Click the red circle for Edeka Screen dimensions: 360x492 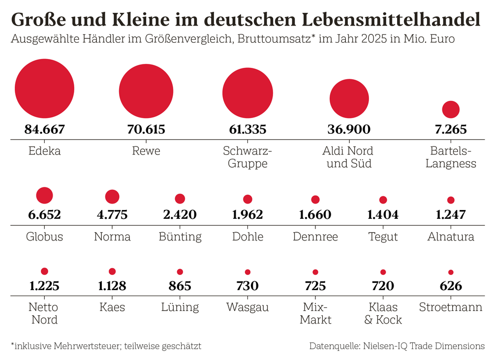click(45, 89)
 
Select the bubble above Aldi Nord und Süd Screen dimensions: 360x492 click(349, 98)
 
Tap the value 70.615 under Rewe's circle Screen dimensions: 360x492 click(146, 129)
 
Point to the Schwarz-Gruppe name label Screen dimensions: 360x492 click(247, 157)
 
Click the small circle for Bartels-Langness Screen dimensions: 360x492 click(451, 109)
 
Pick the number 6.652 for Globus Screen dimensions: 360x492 click(45, 214)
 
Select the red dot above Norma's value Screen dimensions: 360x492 click(112, 197)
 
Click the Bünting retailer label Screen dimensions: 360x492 click(180, 237)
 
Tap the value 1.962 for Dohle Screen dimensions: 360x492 click(247, 214)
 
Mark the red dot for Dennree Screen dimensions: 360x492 click(315, 199)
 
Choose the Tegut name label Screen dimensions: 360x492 click(383, 237)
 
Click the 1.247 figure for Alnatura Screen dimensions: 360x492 click(451, 214)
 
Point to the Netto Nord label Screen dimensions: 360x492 click(45, 313)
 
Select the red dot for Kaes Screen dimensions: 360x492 click(112, 271)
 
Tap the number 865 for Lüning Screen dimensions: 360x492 click(180, 286)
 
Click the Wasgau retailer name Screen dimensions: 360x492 click(247, 307)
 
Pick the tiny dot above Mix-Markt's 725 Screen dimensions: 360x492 click(315, 272)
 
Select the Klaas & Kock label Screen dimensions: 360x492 click(383, 313)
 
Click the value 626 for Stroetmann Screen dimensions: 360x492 click(451, 286)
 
